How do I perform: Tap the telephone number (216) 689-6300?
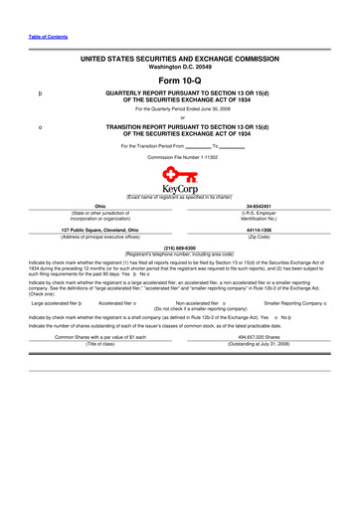click(180, 247)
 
